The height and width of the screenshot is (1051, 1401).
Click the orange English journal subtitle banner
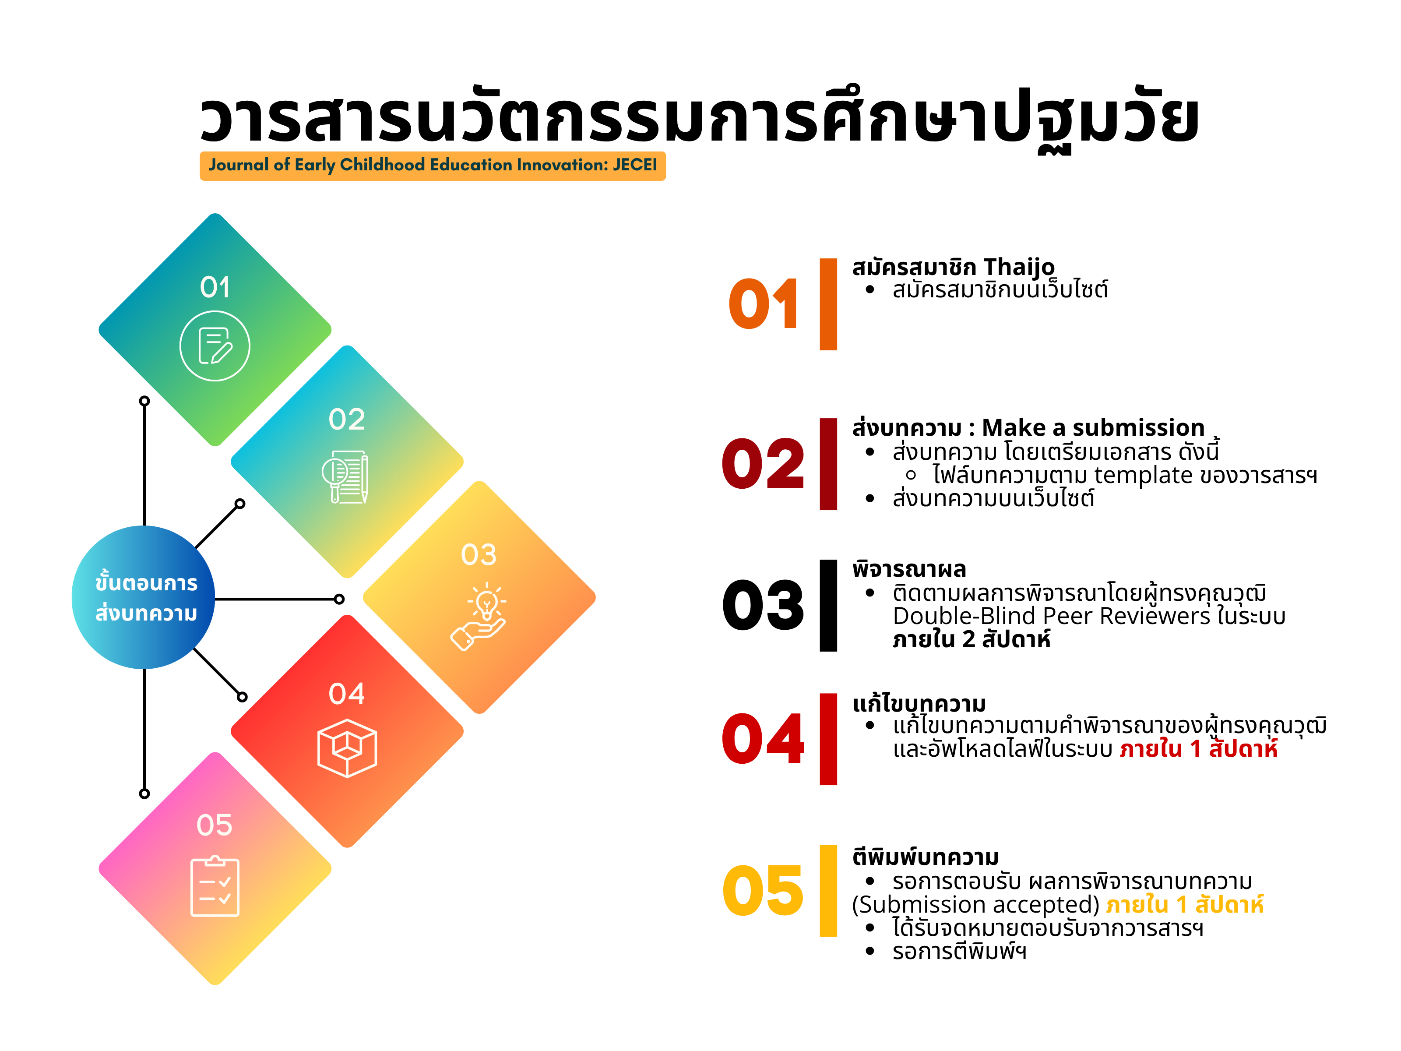coord(433,166)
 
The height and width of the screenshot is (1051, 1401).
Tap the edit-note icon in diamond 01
coord(215,346)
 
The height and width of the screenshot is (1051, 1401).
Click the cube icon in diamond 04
coord(347,748)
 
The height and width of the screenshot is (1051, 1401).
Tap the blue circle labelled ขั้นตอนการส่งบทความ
coord(144,597)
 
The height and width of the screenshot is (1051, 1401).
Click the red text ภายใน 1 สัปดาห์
coord(1198,749)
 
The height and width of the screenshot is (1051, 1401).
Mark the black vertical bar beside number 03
coord(828,605)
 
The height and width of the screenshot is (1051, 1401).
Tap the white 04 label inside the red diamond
coord(346,694)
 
